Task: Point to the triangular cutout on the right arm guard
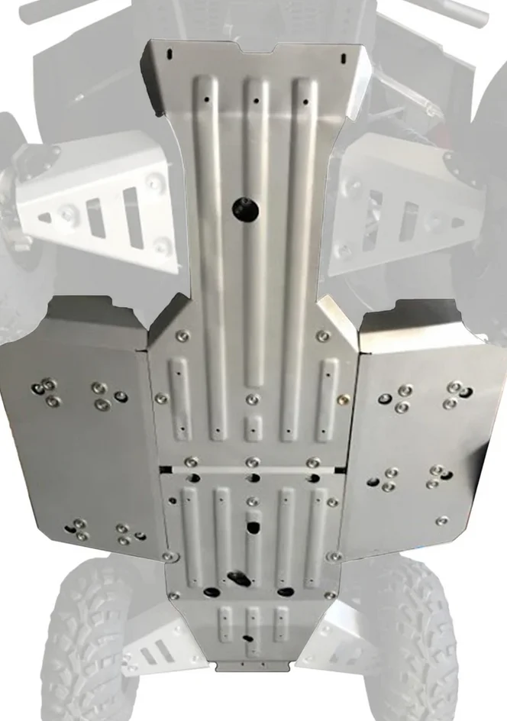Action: (457, 222)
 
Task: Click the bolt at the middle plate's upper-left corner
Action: (181, 336)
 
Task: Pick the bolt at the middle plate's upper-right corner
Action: (324, 335)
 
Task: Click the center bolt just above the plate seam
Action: (253, 461)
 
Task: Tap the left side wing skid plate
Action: (76, 428)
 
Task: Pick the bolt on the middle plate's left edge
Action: (161, 398)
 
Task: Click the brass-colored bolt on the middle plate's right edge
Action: (344, 398)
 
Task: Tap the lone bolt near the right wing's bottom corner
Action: (442, 520)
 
